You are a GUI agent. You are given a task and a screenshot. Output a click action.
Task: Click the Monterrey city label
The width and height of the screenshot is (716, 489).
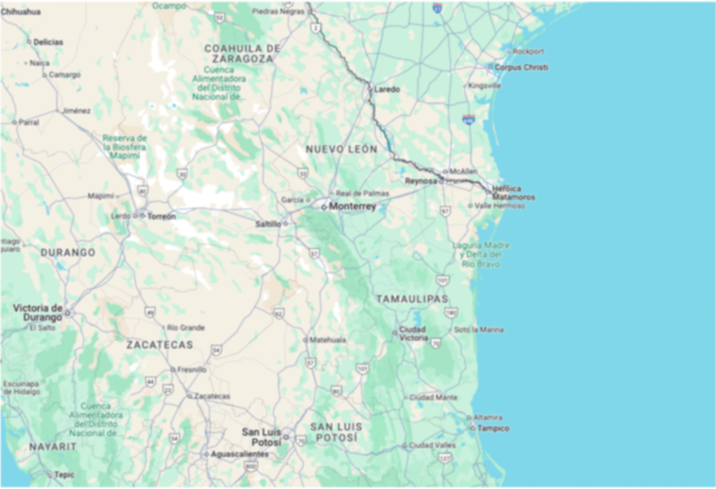coord(352,206)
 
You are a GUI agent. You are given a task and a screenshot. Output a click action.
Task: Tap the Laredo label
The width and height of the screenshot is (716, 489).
coord(387,89)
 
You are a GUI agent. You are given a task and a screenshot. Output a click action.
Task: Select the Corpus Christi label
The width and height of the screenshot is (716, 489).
coord(521,67)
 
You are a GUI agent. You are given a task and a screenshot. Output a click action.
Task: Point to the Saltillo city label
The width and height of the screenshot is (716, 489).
coord(268,224)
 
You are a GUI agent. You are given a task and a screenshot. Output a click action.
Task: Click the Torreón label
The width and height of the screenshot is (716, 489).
coord(161,216)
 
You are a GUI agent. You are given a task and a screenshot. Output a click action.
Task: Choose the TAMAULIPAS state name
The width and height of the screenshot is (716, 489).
coord(412,299)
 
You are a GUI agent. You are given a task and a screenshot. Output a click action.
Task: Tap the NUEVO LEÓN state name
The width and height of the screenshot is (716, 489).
coord(342,149)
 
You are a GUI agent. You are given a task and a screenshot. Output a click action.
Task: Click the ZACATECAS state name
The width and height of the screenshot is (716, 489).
coord(160,345)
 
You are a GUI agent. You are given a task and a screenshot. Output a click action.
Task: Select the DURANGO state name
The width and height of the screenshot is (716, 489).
coord(68,253)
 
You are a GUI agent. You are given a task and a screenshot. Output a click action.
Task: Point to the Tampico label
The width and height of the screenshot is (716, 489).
coord(493,428)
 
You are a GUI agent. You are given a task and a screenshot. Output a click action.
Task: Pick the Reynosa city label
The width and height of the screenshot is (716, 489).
coord(421,181)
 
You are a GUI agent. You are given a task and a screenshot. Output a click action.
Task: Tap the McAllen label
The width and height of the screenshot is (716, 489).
coord(463,171)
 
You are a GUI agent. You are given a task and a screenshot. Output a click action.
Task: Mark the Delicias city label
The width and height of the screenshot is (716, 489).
coord(48,42)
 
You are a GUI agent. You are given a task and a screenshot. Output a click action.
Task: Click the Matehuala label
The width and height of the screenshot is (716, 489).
coord(327,340)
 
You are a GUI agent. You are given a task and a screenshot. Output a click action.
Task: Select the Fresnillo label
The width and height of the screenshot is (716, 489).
coord(192,370)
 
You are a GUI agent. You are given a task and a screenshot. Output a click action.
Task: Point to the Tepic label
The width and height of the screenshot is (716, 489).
coord(64,475)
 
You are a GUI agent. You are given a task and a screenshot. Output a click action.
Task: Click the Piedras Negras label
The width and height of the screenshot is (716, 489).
coord(278,12)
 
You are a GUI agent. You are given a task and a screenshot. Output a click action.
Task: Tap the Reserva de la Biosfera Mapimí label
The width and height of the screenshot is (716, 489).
coord(125,147)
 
